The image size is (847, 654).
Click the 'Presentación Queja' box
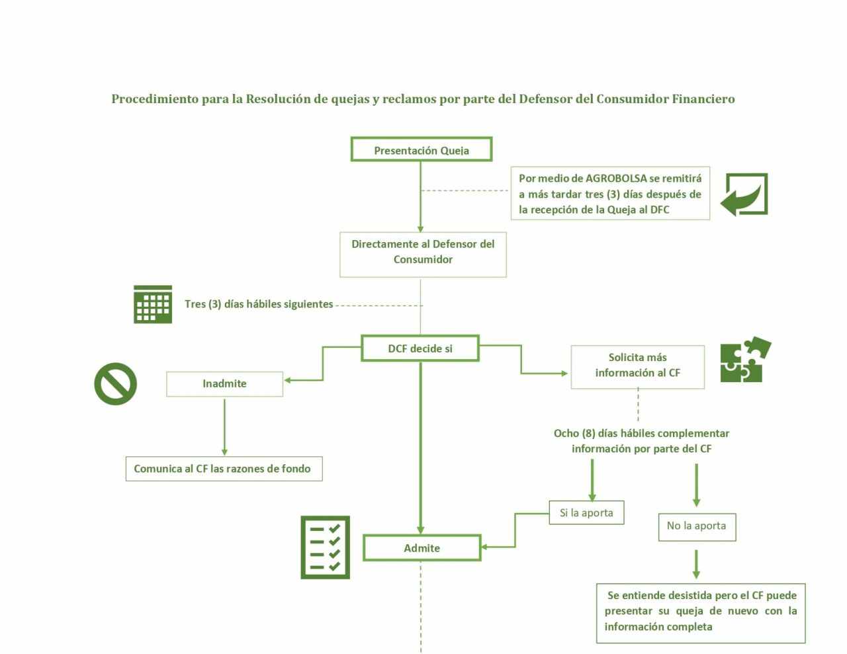(x=421, y=149)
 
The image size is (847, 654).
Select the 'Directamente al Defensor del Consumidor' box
(x=423, y=253)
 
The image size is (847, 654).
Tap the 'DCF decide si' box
(x=420, y=348)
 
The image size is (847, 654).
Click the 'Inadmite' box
(x=224, y=384)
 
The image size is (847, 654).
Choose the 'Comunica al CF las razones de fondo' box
(x=223, y=468)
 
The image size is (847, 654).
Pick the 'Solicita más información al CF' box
(x=637, y=366)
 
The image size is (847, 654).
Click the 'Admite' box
(x=422, y=548)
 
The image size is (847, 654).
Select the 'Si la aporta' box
(x=586, y=512)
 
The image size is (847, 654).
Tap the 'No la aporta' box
(x=696, y=526)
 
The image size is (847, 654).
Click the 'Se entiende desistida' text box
(x=700, y=612)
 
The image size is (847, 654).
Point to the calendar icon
(x=153, y=304)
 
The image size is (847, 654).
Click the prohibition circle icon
(x=116, y=384)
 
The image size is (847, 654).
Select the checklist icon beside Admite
(x=325, y=548)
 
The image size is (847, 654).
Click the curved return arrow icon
(x=744, y=194)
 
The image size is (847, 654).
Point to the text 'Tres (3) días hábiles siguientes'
(x=259, y=304)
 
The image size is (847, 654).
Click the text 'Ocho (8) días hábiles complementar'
(x=641, y=434)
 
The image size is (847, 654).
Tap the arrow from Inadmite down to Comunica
(x=224, y=427)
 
